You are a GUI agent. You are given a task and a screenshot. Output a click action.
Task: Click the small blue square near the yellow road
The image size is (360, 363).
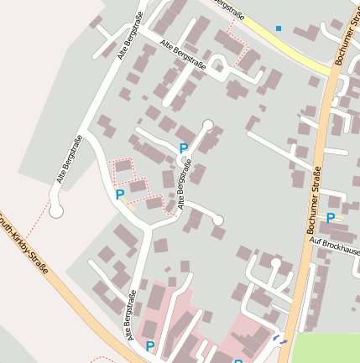point(279,29)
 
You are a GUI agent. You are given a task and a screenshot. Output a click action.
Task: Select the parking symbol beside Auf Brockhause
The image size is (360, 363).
point(331,218)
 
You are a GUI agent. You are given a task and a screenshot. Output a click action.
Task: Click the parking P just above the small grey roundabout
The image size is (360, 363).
point(184,148)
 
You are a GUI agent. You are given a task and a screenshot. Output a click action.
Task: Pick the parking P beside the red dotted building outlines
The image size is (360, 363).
point(120,194)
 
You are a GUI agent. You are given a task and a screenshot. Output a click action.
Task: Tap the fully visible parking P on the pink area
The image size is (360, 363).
point(150,345)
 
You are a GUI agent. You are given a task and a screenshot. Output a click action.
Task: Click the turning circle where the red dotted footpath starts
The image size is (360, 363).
point(56,211)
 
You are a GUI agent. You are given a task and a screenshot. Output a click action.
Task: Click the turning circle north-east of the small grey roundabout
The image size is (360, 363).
point(208,125)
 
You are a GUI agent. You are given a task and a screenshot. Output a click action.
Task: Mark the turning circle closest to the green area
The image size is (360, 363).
point(275,263)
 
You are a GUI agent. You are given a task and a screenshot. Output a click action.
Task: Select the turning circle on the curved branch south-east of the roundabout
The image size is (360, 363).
point(219,220)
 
